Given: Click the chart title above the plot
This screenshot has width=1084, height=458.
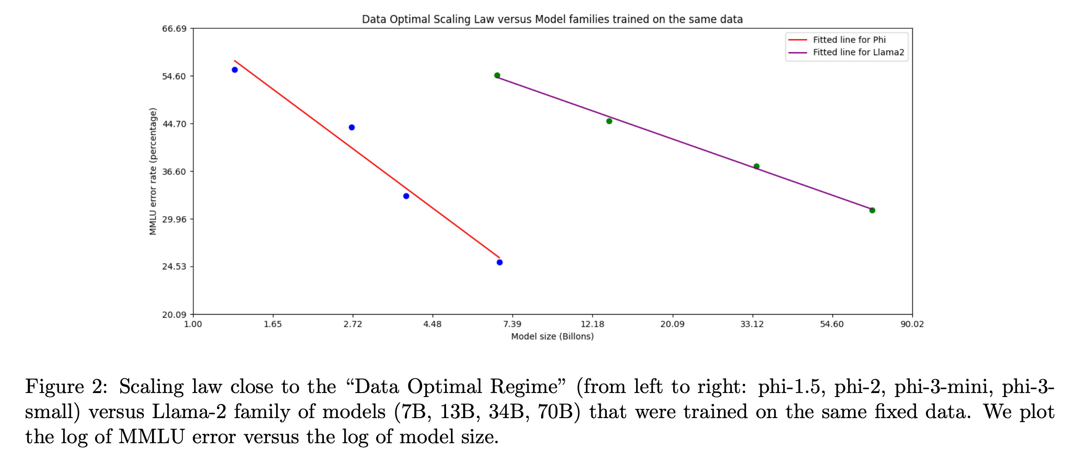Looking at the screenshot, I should click(552, 19).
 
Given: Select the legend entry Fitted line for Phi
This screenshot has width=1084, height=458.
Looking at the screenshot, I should click(849, 40).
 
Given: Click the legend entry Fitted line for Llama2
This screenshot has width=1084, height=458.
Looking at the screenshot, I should click(858, 52).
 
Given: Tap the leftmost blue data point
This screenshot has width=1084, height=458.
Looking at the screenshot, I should click(234, 70).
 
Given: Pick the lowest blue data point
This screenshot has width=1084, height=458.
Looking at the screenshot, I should click(499, 263).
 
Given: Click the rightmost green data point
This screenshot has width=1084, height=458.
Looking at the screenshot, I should click(872, 211).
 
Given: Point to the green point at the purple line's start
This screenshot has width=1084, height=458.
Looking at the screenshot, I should click(497, 76).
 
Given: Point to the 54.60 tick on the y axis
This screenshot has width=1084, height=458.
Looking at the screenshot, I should click(174, 77).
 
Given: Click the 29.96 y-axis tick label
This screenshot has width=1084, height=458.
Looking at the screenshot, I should click(174, 220).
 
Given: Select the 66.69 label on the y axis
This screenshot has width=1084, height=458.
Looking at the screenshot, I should click(174, 29).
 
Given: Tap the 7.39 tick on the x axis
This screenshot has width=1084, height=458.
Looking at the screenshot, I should click(512, 324).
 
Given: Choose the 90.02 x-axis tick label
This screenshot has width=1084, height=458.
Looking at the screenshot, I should click(912, 324).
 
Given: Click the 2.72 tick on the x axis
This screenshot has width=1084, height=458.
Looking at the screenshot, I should click(352, 324).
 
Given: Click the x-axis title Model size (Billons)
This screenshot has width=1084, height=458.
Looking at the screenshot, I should click(552, 337).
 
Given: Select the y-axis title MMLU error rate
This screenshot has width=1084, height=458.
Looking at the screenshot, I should click(153, 171).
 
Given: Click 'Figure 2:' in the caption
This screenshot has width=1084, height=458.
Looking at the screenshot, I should click(66, 387).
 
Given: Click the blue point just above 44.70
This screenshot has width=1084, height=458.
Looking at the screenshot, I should click(351, 128).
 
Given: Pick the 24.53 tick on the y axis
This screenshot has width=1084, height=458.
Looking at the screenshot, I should click(174, 267).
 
